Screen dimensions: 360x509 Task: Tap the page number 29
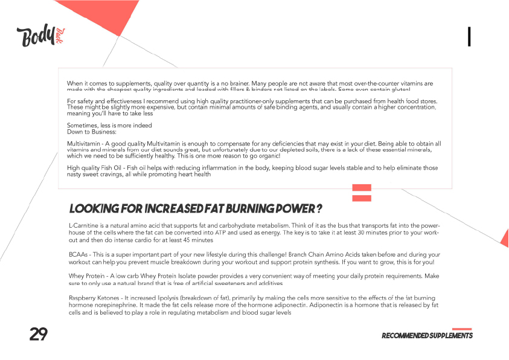pos(38,334)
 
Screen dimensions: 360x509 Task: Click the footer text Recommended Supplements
pos(427,336)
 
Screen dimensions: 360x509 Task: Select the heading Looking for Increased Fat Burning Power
pos(195,209)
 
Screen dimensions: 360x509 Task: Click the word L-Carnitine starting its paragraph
pos(85,225)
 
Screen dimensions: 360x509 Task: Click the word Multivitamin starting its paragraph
pos(84,144)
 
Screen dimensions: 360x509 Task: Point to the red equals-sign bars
pos(362,192)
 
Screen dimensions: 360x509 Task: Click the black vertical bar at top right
pos(469,37)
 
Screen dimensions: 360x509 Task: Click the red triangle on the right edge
pos(505,238)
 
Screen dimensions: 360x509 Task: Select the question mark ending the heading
pos(318,209)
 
